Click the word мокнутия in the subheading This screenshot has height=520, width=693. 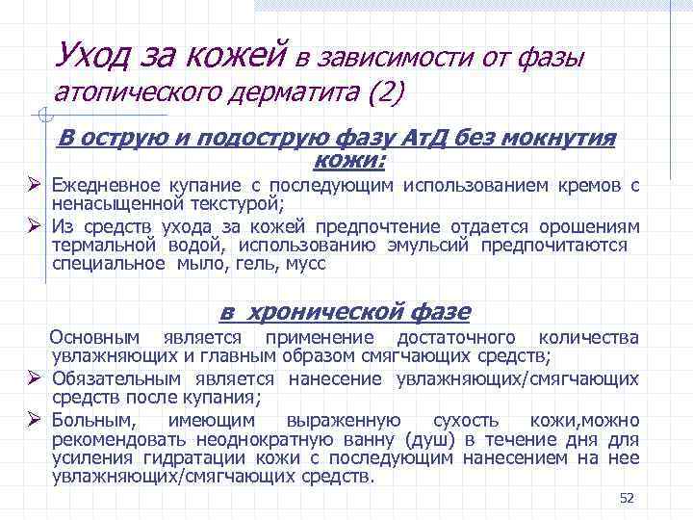(568, 138)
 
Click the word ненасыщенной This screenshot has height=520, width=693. (103, 203)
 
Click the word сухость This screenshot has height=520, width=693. (466, 420)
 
